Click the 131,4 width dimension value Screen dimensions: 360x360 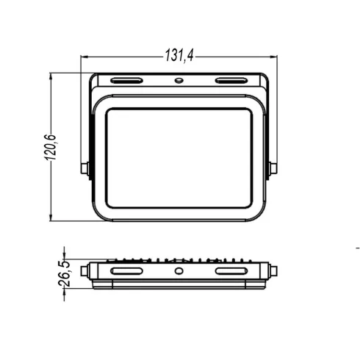coord(179,55)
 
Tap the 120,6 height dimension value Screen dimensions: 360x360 coord(51,148)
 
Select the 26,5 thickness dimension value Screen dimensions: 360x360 coord(64,273)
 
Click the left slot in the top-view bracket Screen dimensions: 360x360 coord(126,81)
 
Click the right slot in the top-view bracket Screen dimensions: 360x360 coord(231,81)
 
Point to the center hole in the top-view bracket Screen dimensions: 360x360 coord(179,80)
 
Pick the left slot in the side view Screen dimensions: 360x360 coord(126,271)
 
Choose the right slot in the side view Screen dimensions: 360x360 coord(231,271)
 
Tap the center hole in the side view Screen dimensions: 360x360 coord(179,271)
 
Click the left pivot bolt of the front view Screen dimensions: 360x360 coord(84,168)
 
